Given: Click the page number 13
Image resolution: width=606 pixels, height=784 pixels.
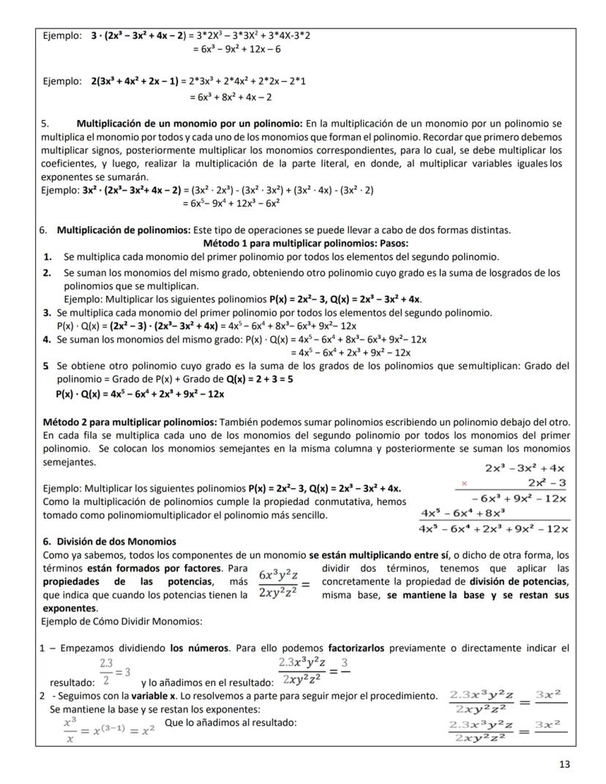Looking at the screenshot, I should click(564, 764).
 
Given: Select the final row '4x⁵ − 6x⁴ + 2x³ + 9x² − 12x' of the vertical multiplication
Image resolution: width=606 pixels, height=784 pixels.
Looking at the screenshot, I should click(495, 529).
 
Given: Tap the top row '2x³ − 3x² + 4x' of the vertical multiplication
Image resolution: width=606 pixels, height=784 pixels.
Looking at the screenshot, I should click(525, 468).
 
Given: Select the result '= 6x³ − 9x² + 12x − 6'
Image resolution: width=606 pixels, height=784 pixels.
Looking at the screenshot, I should click(236, 49).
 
